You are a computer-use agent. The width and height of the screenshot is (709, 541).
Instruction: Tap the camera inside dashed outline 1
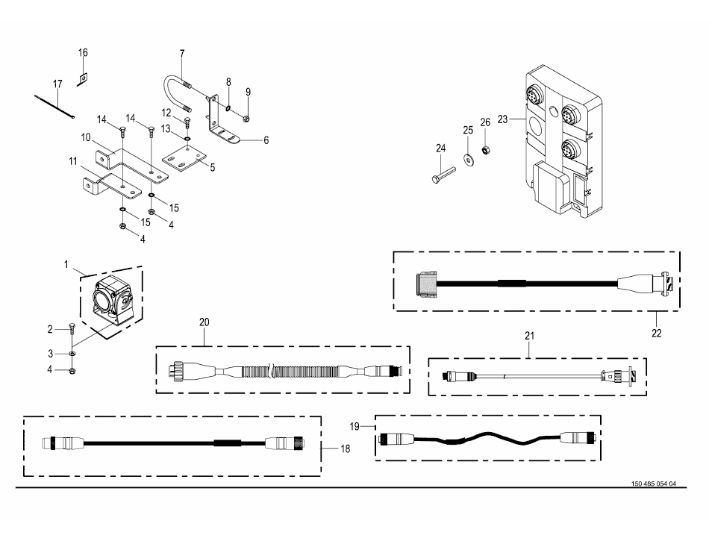(x=113, y=298)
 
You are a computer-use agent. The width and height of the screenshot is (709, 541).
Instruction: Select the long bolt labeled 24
(x=443, y=175)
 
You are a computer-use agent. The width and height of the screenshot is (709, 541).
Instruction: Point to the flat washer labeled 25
(x=467, y=159)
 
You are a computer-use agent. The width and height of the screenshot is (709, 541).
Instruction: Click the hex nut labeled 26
(x=484, y=149)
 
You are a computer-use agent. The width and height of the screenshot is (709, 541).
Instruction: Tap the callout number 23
(x=502, y=119)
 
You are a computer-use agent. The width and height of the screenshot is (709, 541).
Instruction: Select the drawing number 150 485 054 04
(x=653, y=484)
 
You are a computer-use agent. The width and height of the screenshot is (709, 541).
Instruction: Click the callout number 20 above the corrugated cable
(x=204, y=322)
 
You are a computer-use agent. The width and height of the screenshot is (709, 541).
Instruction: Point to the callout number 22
(x=657, y=333)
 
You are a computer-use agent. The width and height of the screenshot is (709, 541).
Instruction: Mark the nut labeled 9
(x=246, y=119)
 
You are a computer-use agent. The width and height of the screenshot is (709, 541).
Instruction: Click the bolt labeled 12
(x=187, y=122)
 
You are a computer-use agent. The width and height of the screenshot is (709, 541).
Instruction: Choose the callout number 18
(x=345, y=448)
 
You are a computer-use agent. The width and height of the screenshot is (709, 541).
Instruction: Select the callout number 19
(x=354, y=426)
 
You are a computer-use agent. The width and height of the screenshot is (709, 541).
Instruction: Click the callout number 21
(x=529, y=336)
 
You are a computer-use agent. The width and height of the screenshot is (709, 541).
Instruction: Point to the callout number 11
(x=73, y=161)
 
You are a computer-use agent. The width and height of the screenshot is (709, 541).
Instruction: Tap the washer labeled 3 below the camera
(x=72, y=353)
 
